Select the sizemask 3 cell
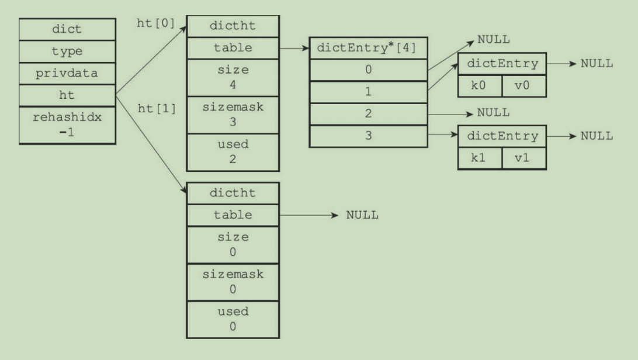[233, 115]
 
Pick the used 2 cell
[233, 152]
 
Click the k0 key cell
[480, 85]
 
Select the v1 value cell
[524, 158]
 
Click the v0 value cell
[524, 85]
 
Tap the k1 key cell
[480, 158]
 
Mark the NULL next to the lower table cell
[362, 215]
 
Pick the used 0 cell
[233, 319]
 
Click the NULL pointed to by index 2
[493, 112]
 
